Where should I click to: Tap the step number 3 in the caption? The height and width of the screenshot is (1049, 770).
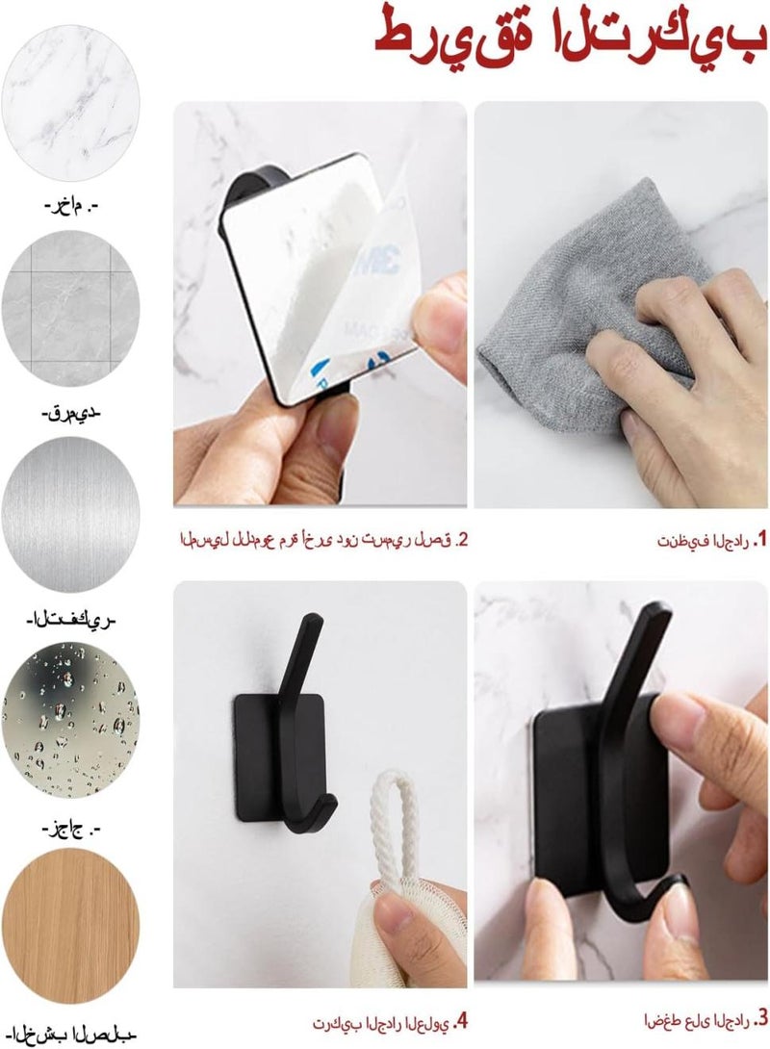760,1017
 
